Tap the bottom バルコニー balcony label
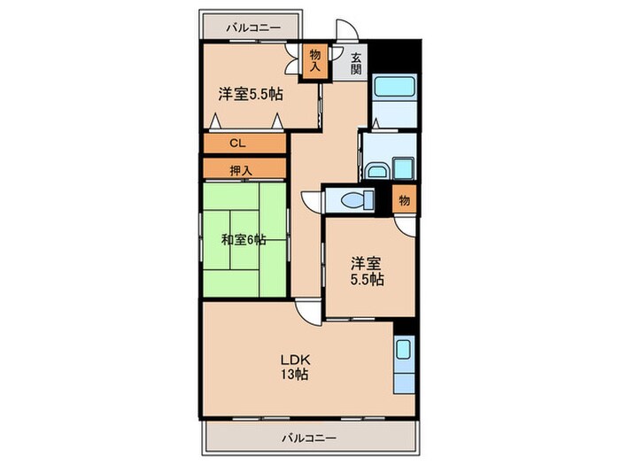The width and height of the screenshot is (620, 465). (309, 438)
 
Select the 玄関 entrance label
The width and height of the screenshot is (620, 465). (356, 64)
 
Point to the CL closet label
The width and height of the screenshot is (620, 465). (236, 143)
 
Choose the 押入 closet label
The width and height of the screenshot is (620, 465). (236, 170)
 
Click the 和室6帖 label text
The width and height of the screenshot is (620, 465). (244, 238)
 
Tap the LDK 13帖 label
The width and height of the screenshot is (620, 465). (294, 366)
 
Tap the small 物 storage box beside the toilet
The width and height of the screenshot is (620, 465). (404, 201)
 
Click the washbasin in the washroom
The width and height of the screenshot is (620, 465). (373, 167)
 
